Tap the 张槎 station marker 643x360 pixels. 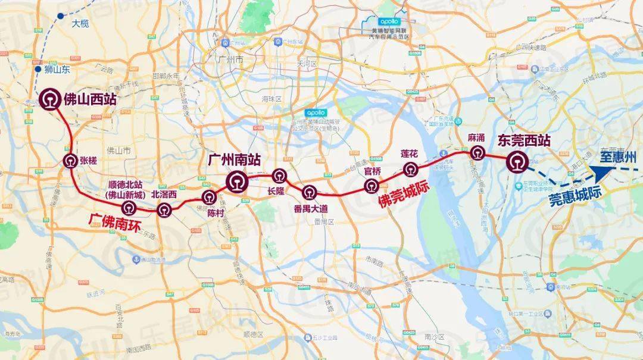tap(70, 159)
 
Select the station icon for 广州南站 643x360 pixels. tap(237, 180)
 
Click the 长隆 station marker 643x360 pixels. tap(279, 176)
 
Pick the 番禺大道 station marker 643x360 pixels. tap(309, 192)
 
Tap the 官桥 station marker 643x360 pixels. tap(372, 186)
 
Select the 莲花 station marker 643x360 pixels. tap(410, 170)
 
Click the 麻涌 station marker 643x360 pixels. tap(476, 153)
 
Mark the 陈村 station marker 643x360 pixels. tap(209, 198)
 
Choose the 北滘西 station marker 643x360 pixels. tap(164, 209)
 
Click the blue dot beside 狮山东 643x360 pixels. tap(38, 69)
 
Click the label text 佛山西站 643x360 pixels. tap(90, 100)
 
